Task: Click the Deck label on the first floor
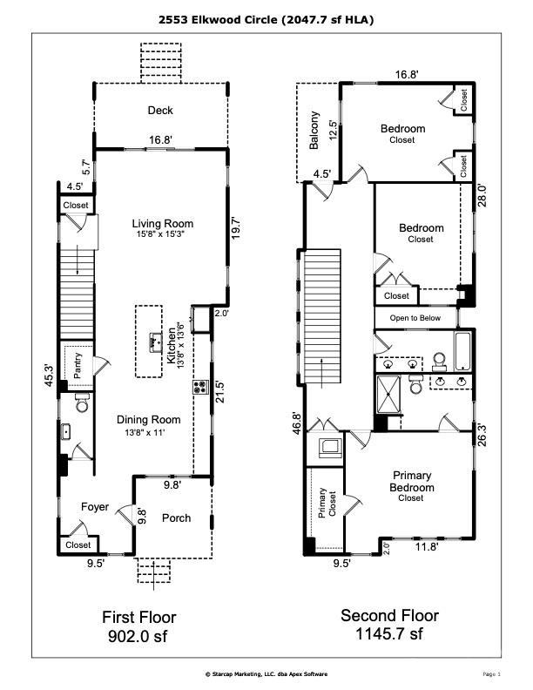(x=159, y=111)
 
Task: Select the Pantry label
(x=78, y=368)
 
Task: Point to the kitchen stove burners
(x=199, y=385)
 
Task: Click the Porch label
(x=176, y=518)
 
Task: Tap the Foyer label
(x=95, y=506)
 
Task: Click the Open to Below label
(x=415, y=318)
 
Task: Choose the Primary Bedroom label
(x=412, y=482)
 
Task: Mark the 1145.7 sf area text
(x=389, y=633)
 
